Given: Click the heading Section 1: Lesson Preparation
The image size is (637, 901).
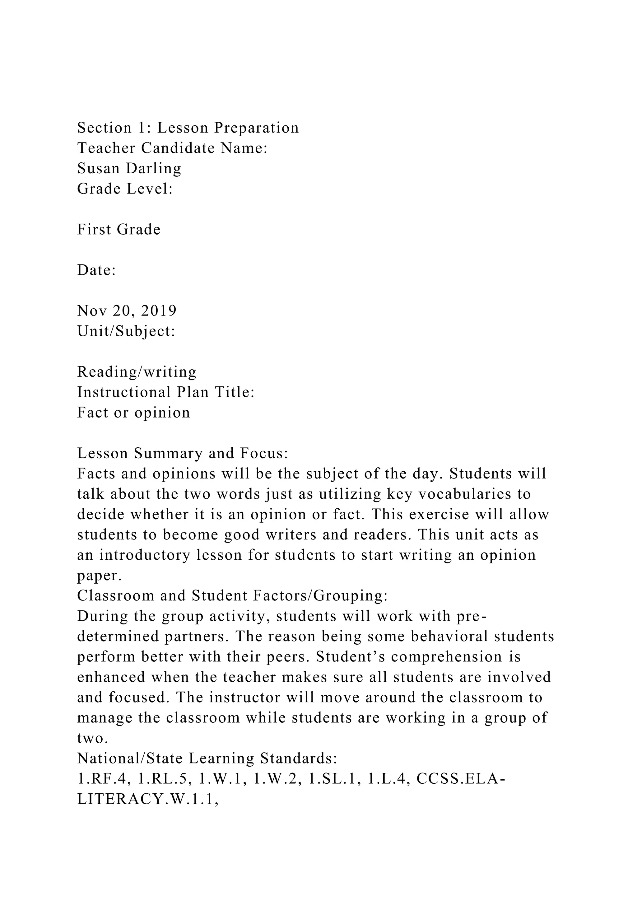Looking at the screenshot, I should click(188, 128).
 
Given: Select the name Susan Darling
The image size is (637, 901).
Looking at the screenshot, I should click(129, 168).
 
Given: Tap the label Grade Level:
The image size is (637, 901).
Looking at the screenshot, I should click(125, 189).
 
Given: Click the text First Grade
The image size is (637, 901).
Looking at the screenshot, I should click(119, 230).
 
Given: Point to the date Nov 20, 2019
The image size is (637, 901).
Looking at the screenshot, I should click(127, 311).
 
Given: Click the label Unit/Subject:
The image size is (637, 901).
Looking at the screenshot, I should click(126, 331).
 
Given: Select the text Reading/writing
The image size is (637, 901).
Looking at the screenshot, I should click(137, 371).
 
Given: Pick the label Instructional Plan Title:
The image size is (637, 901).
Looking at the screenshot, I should click(166, 392).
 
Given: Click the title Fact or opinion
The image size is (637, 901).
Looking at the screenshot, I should click(133, 413).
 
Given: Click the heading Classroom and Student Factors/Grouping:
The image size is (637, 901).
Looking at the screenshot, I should click(232, 596).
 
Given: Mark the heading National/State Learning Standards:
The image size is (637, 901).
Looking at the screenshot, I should click(207, 759).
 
